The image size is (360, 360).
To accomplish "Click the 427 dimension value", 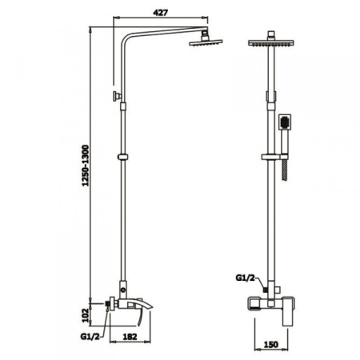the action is click(x=160, y=12).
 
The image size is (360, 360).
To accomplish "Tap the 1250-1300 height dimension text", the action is click(x=86, y=166).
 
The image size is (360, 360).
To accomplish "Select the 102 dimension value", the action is click(x=86, y=315).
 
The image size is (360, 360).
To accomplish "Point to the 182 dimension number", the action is click(x=130, y=337).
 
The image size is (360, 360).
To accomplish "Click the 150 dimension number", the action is click(x=270, y=344).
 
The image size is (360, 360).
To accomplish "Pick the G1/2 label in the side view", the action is click(x=90, y=337).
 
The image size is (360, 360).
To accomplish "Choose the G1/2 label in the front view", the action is click(x=246, y=278).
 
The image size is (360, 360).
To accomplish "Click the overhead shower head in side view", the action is click(x=206, y=42).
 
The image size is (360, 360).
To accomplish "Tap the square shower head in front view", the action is click(x=271, y=42).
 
